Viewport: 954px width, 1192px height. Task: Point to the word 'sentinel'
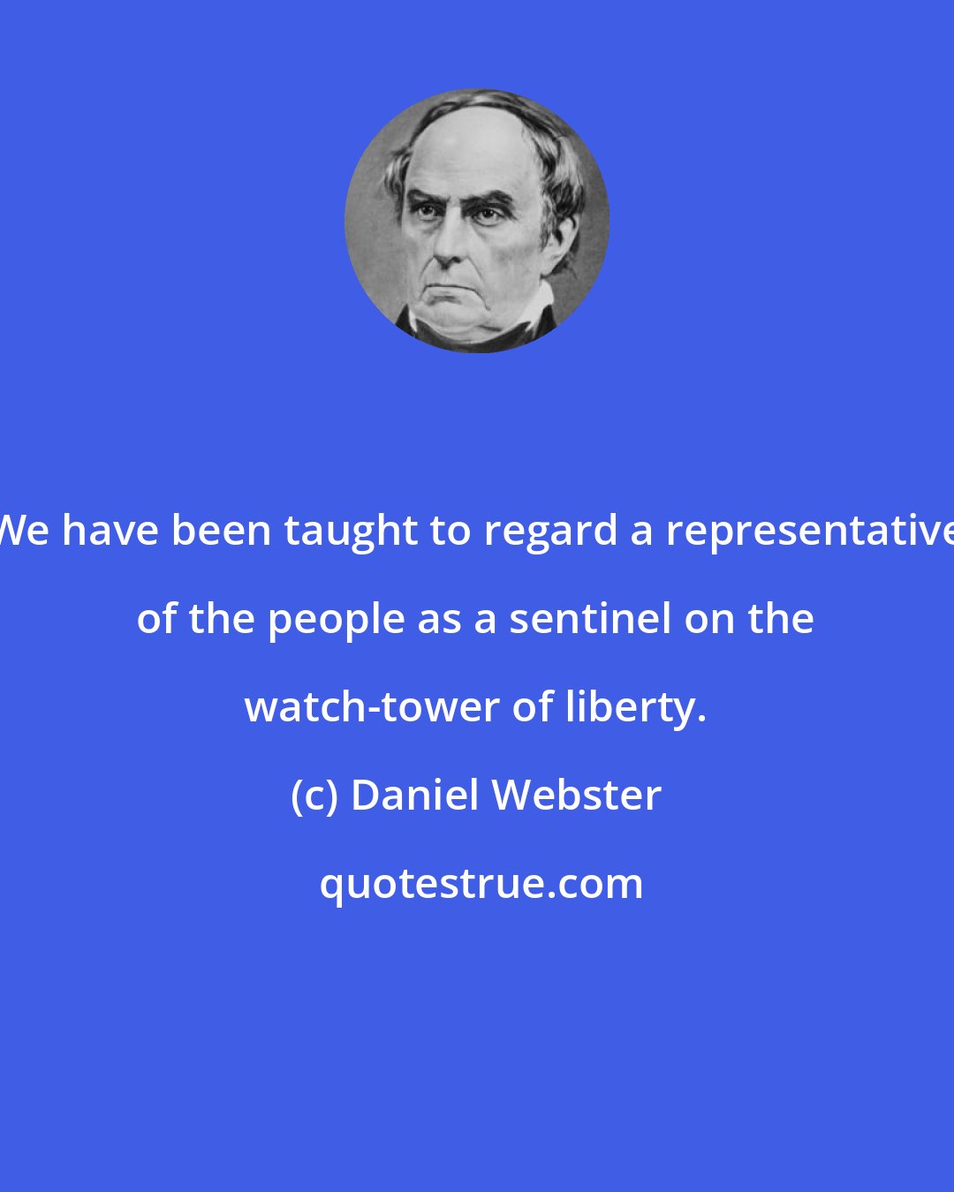click(x=590, y=619)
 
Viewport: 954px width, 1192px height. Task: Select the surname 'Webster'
click(x=577, y=796)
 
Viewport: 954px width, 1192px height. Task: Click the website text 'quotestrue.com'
click(x=481, y=884)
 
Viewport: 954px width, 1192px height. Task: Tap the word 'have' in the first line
click(x=115, y=532)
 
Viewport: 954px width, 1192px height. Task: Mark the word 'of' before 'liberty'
click(x=533, y=707)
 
